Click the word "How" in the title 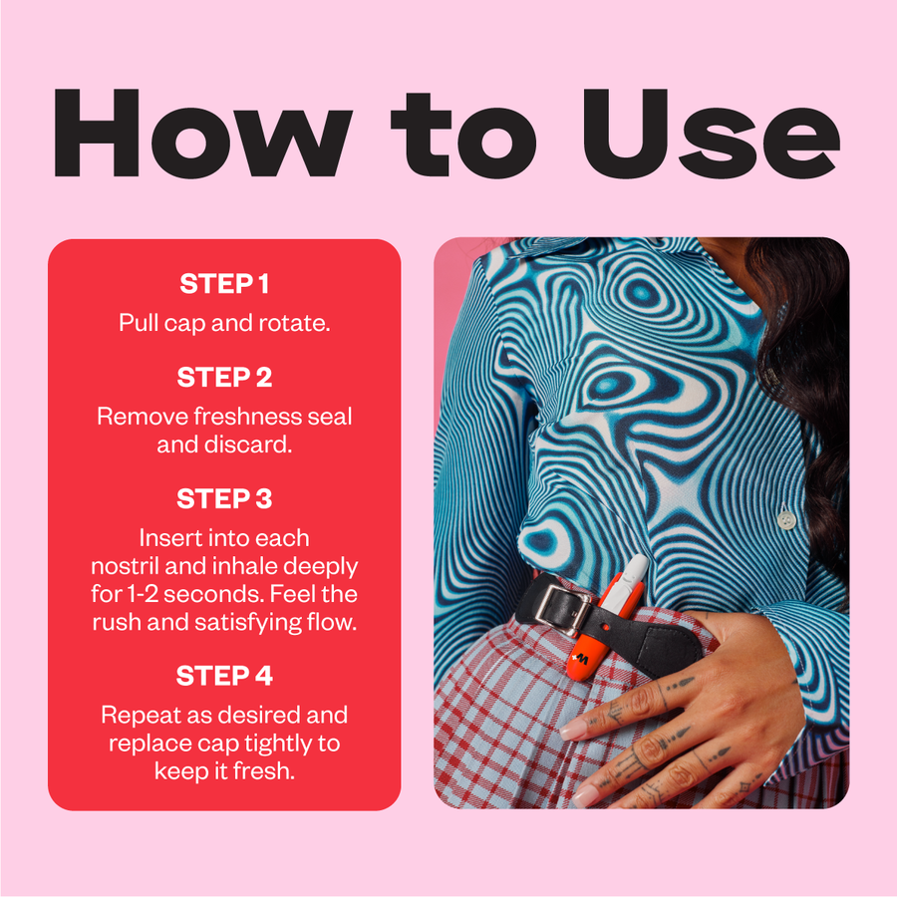[x=202, y=133]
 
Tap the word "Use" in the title [x=711, y=133]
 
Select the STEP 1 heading [x=224, y=284]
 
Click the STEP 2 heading [x=224, y=377]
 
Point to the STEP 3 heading [x=224, y=499]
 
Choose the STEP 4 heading [x=224, y=676]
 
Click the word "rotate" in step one [x=294, y=323]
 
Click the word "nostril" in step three [x=125, y=566]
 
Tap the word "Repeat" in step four [x=134, y=715]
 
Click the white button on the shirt [x=787, y=520]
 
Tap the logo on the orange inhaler [x=581, y=659]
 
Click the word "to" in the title [x=463, y=134]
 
